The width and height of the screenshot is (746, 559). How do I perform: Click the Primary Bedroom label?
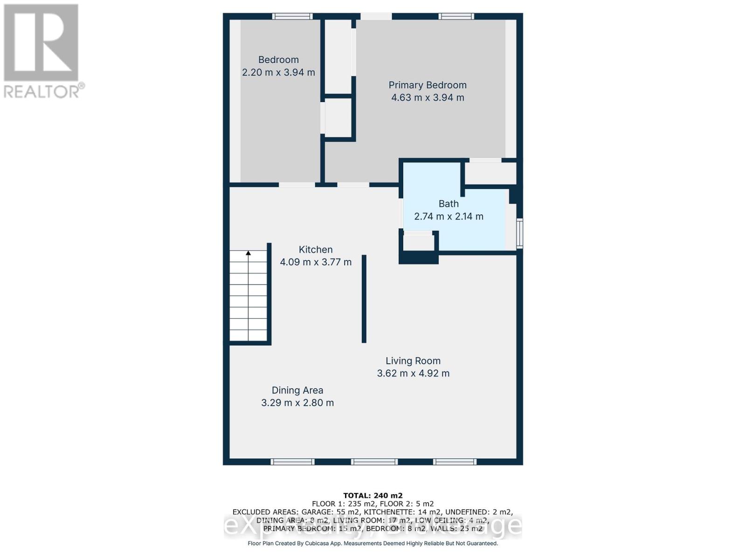pos(428,85)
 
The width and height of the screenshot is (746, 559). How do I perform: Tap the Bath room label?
pos(449,204)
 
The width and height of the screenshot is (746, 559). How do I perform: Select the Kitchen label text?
pos(316,249)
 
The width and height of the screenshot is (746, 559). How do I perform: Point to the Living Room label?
pos(413,361)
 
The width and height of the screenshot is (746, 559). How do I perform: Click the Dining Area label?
pos(297,390)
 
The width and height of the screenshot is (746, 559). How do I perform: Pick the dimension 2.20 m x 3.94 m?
pos(278,73)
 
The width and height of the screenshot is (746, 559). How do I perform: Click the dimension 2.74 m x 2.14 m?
pos(449,217)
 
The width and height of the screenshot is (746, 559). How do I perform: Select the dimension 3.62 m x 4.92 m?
pos(413,373)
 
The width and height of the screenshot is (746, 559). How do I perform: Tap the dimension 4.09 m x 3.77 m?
pos(316,262)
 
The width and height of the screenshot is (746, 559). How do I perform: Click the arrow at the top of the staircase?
pos(249,253)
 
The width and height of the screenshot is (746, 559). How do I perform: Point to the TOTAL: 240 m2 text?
pos(373,496)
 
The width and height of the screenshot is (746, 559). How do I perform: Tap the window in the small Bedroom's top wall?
pos(292,16)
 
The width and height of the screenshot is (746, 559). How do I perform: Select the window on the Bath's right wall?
pos(520,234)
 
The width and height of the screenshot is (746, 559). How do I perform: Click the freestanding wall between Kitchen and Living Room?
pos(364,299)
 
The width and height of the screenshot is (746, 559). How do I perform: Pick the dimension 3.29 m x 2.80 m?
pos(297,403)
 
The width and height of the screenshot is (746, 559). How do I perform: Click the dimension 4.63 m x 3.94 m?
pos(428,97)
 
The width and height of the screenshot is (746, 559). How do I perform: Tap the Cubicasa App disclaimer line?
pos(373,543)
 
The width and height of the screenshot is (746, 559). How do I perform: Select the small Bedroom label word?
pos(278,60)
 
